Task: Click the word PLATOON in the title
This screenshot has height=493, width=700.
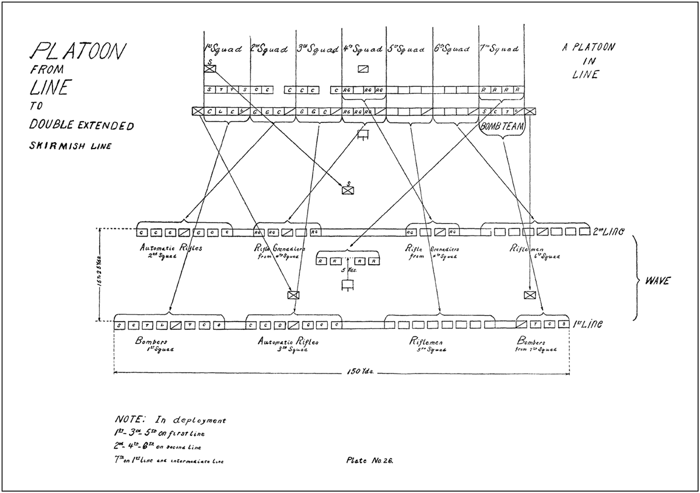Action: point(78,52)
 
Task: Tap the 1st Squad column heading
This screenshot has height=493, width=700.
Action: point(222,49)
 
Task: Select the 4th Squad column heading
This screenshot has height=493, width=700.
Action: point(362,49)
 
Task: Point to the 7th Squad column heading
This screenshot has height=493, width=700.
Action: point(499,49)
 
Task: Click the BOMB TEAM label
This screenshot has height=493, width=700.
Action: point(501,126)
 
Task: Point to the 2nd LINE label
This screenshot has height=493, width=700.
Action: point(609,231)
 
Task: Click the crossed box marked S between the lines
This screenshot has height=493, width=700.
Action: point(349,189)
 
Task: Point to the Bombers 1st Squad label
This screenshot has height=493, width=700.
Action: point(153,345)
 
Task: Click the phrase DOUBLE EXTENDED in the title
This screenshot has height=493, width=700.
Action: point(82,126)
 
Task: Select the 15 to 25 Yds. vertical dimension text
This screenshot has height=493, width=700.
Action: point(100,274)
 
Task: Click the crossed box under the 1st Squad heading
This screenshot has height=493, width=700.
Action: point(210,69)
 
